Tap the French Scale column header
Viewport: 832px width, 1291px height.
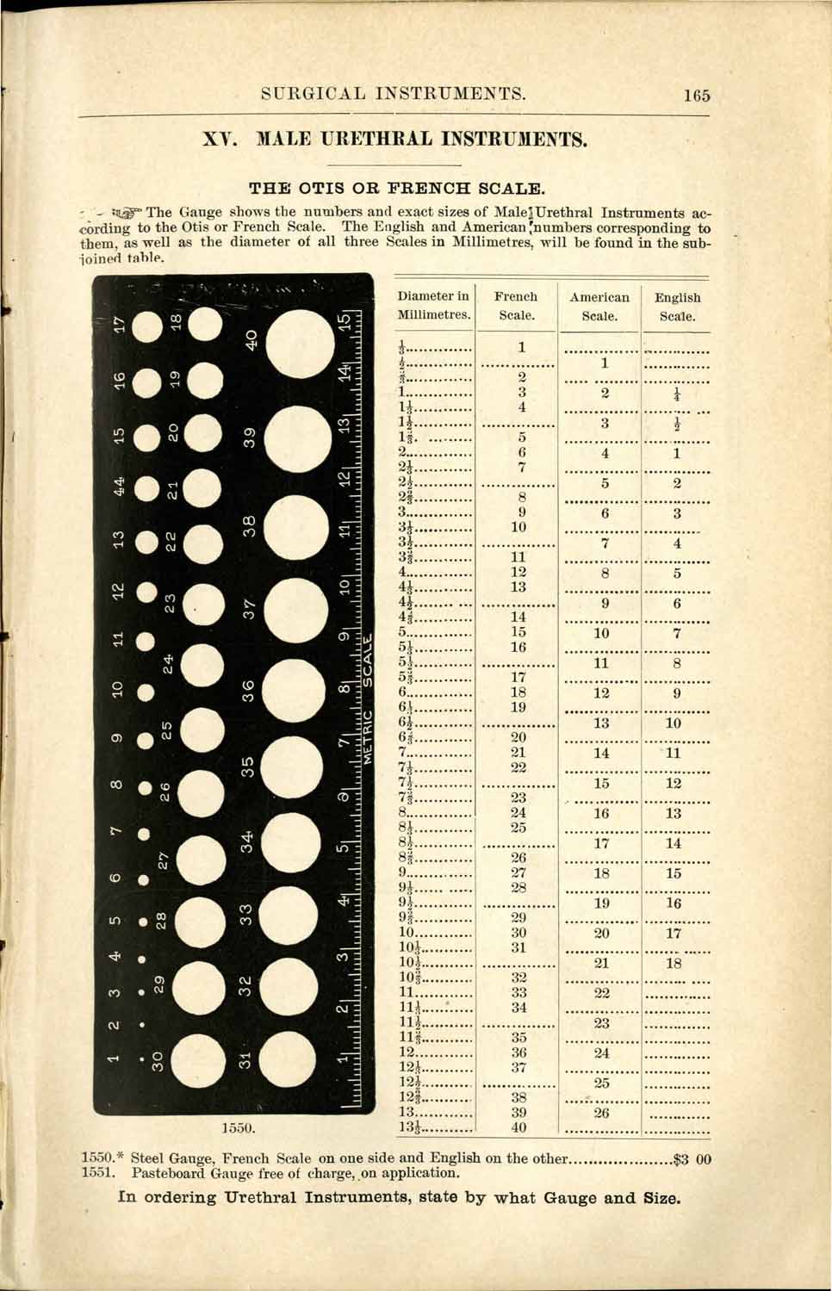coord(516,306)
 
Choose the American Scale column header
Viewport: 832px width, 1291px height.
coord(599,307)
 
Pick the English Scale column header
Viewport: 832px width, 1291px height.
coord(677,307)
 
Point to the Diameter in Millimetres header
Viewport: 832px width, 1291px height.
coord(434,306)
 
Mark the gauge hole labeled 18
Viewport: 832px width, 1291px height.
coord(204,324)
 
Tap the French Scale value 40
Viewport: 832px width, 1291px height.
coord(518,1127)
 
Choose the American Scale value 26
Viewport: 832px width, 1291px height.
coord(601,1113)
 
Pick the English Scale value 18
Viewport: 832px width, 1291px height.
coord(674,963)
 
